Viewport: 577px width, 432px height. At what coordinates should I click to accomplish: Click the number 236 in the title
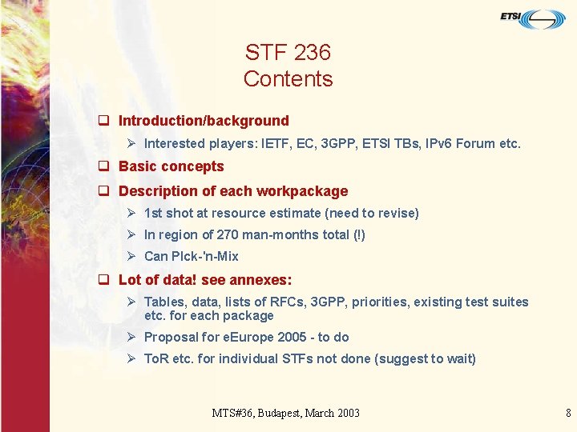[312, 53]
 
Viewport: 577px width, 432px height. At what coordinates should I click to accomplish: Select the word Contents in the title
[288, 78]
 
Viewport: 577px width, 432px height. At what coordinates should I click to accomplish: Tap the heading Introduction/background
[204, 121]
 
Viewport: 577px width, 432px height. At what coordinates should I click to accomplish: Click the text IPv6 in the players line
[438, 144]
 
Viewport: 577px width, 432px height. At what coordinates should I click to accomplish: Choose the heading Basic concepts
[171, 166]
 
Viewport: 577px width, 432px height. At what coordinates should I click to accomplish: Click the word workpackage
[302, 191]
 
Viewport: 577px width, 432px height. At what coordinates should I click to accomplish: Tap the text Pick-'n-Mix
[192, 256]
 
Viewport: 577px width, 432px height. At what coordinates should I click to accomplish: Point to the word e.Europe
[245, 337]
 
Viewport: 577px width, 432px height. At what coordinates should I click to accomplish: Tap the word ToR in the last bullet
[156, 358]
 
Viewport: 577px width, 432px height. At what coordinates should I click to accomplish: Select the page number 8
[568, 413]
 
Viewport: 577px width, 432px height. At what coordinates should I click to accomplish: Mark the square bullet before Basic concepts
[103, 166]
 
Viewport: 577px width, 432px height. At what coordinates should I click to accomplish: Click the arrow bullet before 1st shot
[131, 213]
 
